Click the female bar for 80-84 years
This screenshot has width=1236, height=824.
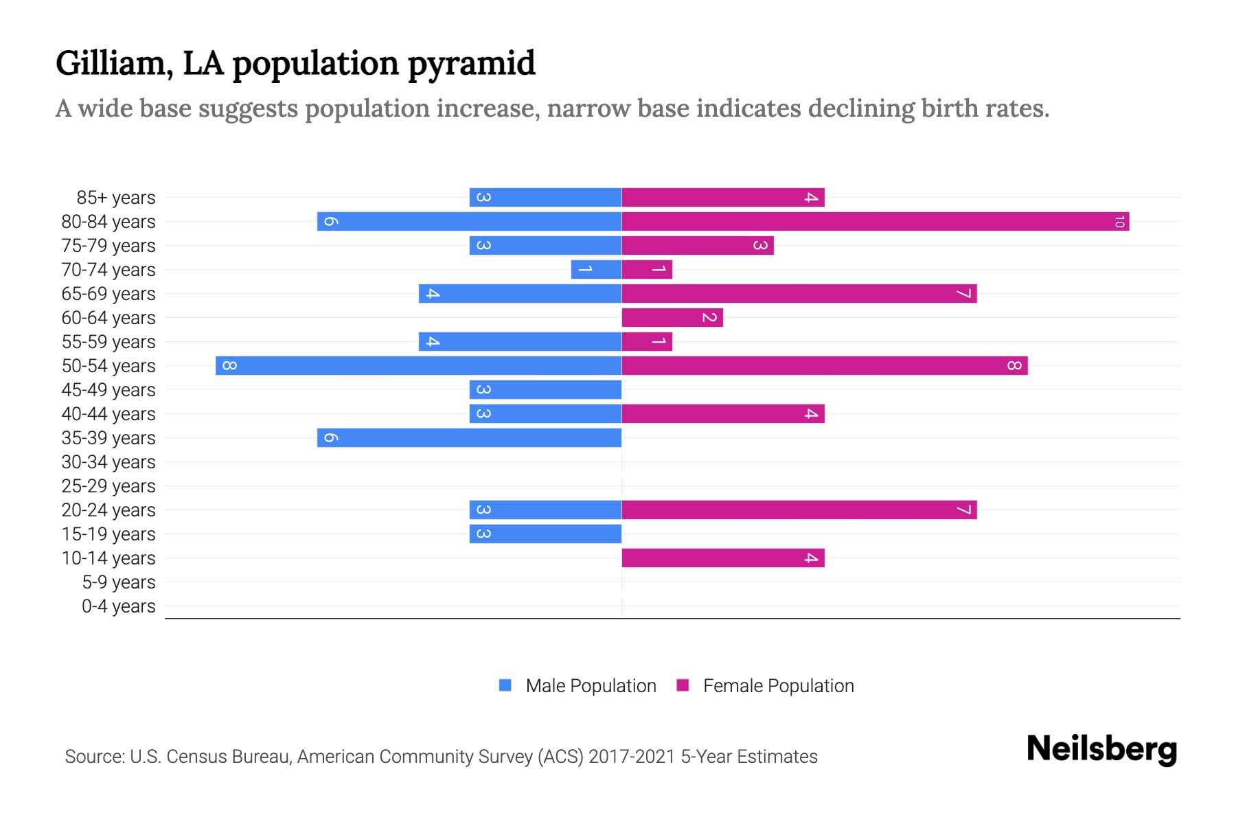point(875,221)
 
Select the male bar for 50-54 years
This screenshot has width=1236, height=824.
point(418,365)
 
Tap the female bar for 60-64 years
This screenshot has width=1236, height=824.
point(672,317)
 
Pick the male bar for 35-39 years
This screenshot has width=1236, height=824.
point(469,437)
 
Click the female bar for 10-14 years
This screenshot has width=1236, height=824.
point(722,558)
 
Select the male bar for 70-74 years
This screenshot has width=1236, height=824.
point(596,269)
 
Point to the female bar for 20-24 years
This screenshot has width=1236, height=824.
point(799,510)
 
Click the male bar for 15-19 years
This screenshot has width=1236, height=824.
point(545,534)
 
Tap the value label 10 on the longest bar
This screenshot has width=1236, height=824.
point(1119,221)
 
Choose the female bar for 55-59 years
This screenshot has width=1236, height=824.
point(647,341)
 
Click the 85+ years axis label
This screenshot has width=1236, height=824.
point(115,198)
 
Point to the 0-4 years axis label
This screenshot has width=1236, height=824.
point(118,606)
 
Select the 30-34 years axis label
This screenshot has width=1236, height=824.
point(108,462)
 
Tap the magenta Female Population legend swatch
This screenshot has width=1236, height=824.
point(683,685)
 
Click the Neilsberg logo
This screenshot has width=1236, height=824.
point(1101,748)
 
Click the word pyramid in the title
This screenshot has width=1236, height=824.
point(471,63)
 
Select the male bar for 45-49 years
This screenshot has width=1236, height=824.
point(545,389)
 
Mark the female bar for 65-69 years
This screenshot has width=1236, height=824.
point(799,293)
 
